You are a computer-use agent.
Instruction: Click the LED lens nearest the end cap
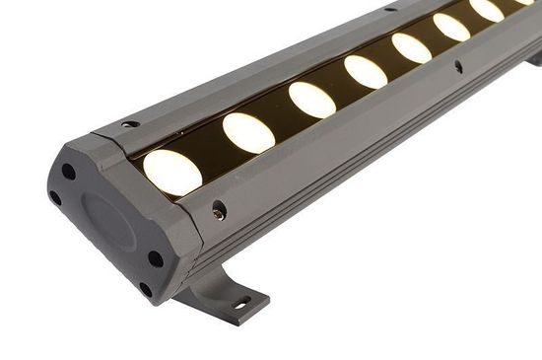click(172, 172)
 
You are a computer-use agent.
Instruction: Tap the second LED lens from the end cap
click(247, 132)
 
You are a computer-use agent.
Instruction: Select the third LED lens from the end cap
click(311, 100)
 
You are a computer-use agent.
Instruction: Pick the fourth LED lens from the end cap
click(366, 71)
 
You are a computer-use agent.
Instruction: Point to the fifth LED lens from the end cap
click(412, 47)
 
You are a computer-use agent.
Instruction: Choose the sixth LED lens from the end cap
click(452, 27)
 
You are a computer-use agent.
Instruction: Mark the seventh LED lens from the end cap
click(487, 10)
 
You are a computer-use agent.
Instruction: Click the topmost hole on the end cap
click(69, 172)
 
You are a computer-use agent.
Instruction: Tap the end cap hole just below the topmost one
click(55, 197)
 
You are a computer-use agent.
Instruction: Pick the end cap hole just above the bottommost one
click(155, 259)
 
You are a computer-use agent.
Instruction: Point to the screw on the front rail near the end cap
click(218, 209)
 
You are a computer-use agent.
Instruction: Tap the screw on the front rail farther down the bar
click(458, 67)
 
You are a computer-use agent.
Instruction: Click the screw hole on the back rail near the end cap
click(130, 124)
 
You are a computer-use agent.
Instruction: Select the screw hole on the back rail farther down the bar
click(390, 9)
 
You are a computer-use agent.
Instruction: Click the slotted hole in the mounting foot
click(239, 303)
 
